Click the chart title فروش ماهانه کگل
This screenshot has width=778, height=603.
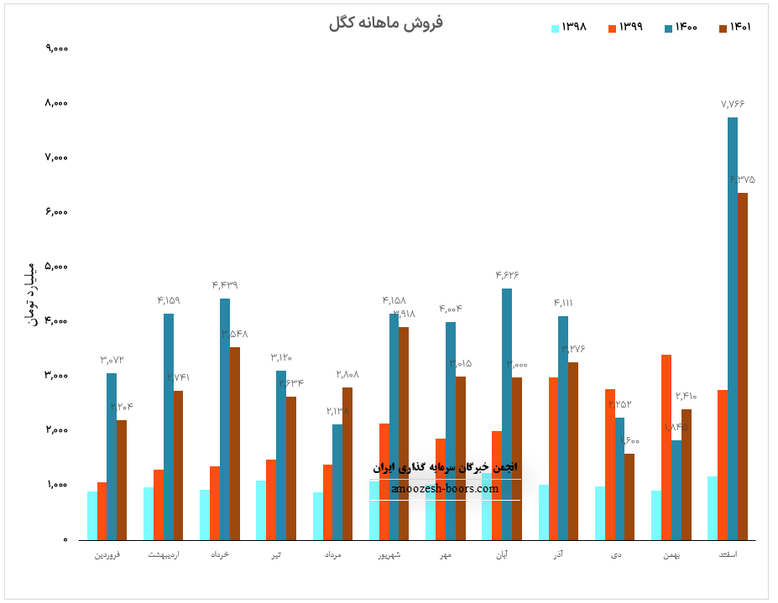pos(386,23)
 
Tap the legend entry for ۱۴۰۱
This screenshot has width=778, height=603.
pos(734,28)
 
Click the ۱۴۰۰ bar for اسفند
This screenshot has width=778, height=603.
pos(733,328)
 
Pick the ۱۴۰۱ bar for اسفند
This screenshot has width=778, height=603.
pos(743,366)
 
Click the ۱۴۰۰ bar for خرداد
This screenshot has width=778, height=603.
pos(225,418)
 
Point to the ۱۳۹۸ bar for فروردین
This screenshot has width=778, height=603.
pos(92,515)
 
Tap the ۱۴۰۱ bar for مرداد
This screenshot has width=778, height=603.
pos(347,463)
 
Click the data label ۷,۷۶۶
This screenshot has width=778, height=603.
pos(733,104)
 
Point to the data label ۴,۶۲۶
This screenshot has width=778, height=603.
pos(507,275)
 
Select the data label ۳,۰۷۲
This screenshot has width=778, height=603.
pos(112,360)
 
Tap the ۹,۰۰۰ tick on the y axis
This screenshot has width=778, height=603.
pos(56,49)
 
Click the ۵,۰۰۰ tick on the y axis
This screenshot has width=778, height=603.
pos(56,267)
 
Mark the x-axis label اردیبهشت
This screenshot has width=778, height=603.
pos(164,554)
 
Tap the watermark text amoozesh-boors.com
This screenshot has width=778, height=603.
pos(445,489)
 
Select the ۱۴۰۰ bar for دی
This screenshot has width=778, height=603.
pos(619,478)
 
